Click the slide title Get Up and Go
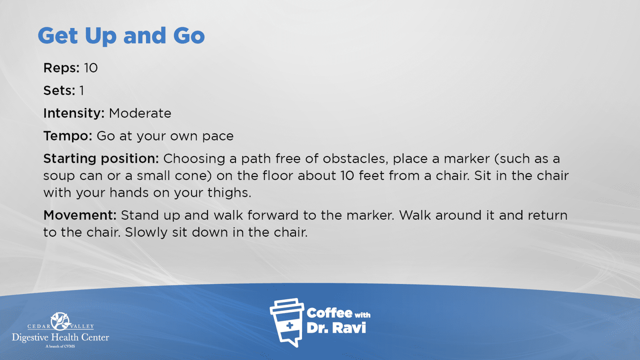121,36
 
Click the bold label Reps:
62,68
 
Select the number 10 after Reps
91,68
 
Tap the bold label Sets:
60,90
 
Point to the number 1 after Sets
82,90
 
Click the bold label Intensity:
74,114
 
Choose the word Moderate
140,114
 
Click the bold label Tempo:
68,136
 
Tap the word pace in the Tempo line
218,136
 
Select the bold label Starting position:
101,158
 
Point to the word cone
194,176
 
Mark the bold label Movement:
80,215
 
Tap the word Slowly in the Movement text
146,232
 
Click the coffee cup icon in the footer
287,322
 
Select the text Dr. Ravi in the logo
336,328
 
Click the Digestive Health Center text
60,338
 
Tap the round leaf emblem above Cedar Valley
60,322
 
